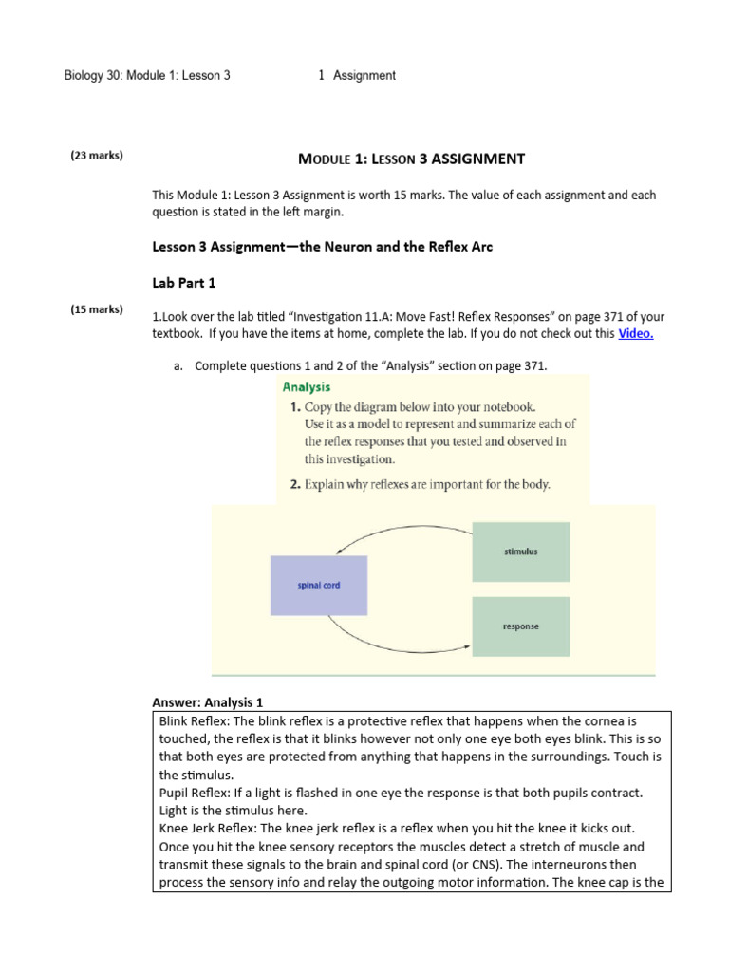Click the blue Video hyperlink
(636, 333)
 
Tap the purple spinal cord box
(318, 586)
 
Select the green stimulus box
(520, 551)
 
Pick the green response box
(520, 626)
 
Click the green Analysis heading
(307, 386)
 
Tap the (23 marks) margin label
(97, 155)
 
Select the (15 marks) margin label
(97, 309)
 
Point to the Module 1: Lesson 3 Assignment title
(411, 159)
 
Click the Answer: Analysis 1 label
(207, 702)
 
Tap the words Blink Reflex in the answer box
(194, 721)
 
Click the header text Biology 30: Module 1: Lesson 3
(147, 75)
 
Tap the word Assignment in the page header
(364, 75)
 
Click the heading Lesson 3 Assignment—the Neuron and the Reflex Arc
(323, 247)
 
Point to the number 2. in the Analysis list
(295, 484)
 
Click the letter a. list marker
(178, 366)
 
